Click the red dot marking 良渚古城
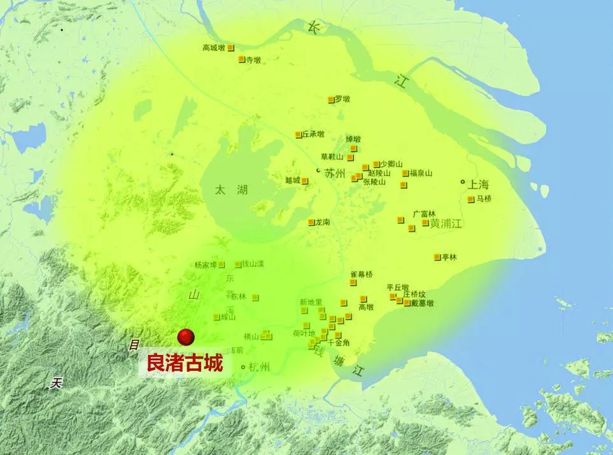tap(185, 337)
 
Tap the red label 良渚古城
tap(185, 364)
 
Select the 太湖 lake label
tap(230, 190)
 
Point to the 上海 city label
tap(478, 185)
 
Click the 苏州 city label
tap(335, 173)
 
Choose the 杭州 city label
tap(260, 367)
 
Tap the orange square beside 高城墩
tap(231, 48)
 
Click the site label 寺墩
tap(253, 60)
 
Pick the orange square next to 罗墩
tap(331, 99)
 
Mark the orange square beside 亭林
tap(437, 257)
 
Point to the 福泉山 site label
tap(421, 173)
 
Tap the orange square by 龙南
tap(311, 223)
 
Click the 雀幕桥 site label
tap(362, 275)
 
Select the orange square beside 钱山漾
tap(238, 264)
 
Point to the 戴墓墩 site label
tap(422, 304)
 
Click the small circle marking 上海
tap(463, 182)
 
